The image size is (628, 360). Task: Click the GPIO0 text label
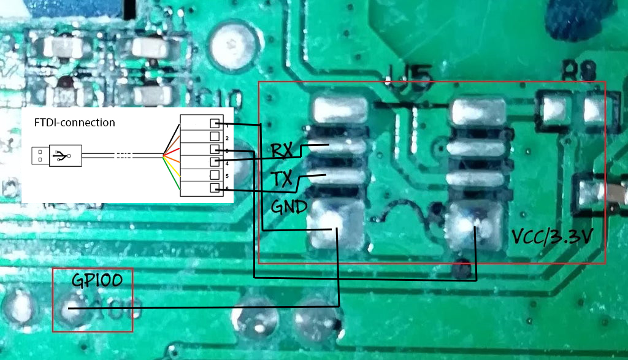tap(96, 280)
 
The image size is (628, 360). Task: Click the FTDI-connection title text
tap(74, 123)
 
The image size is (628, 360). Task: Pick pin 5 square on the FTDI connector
tap(215, 175)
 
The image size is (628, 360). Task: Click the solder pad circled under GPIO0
tap(69, 308)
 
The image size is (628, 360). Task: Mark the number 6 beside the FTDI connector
tap(226, 189)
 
